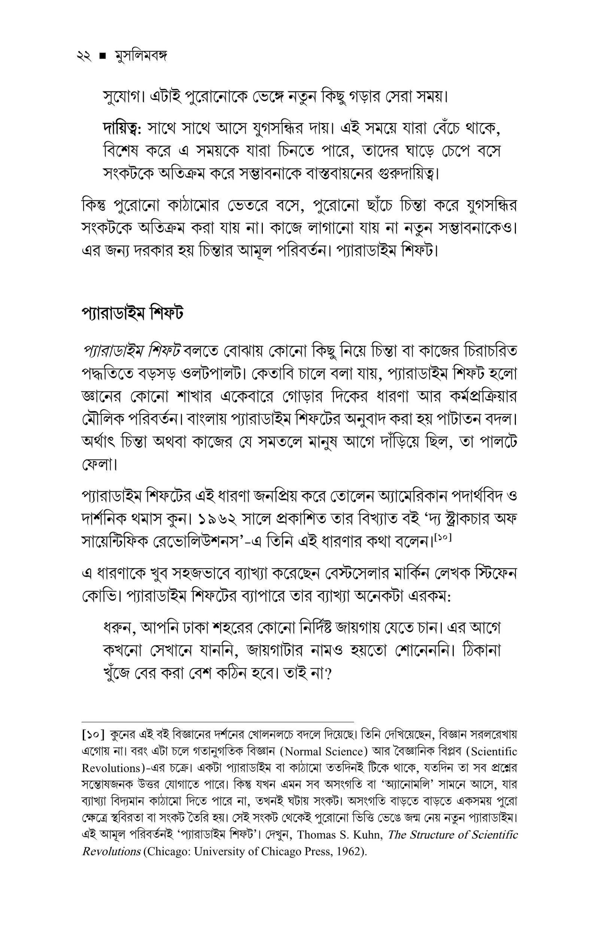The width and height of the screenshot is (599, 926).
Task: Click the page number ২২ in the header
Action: click(84, 57)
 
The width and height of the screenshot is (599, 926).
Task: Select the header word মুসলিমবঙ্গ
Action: click(141, 57)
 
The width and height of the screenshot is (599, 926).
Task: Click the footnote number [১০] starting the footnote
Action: click(93, 735)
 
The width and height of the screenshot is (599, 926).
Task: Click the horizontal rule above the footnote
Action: click(218, 722)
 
